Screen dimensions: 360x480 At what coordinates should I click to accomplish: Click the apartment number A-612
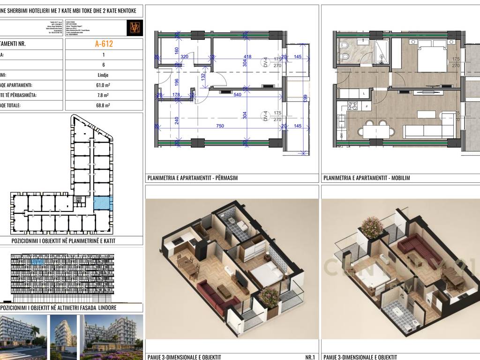pyautogui.click(x=103, y=45)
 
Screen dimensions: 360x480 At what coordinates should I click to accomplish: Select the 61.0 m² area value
pyautogui.click(x=104, y=85)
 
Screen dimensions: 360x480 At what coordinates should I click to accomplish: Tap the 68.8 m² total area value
pyautogui.click(x=104, y=106)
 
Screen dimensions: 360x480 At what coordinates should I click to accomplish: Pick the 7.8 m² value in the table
pyautogui.click(x=104, y=96)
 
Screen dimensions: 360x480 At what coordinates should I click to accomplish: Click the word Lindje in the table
pyautogui.click(x=104, y=75)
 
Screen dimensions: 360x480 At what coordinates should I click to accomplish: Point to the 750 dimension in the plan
pyautogui.click(x=219, y=126)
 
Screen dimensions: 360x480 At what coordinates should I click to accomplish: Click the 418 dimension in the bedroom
pyautogui.click(x=247, y=57)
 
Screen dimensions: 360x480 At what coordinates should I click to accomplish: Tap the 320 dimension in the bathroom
pyautogui.click(x=184, y=57)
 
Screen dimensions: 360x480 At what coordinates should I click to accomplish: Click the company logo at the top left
pyautogui.click(x=134, y=27)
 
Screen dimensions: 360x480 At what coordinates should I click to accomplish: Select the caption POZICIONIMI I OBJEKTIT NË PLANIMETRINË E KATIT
pyautogui.click(x=63, y=241)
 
